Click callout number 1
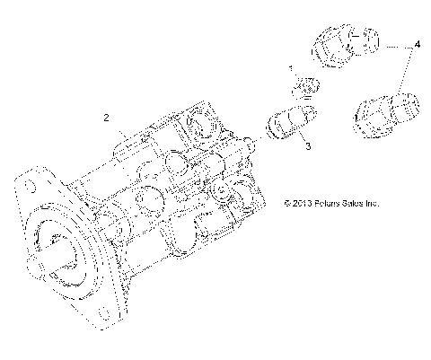(x=290, y=69)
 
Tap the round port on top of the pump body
(x=199, y=126)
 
